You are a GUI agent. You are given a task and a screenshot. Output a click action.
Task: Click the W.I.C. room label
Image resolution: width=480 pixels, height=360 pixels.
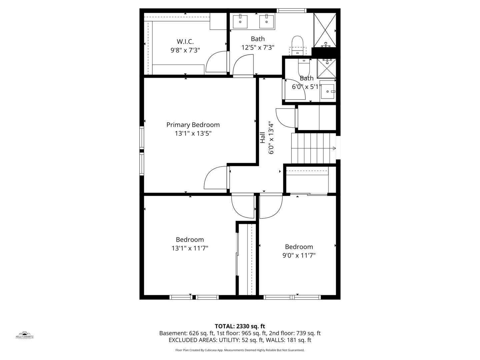tap(185, 42)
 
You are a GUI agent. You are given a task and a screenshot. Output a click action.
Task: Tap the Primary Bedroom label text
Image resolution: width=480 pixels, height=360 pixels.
tap(193, 125)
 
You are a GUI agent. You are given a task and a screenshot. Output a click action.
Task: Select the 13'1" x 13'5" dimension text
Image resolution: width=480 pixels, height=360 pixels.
tap(193, 133)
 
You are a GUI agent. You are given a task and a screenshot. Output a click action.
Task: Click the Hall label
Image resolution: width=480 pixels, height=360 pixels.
tap(263, 138)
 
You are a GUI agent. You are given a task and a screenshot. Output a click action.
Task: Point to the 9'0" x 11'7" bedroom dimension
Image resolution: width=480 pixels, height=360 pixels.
tap(299, 255)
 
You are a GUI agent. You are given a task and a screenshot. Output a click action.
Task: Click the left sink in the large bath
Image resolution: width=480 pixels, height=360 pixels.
tap(240, 22)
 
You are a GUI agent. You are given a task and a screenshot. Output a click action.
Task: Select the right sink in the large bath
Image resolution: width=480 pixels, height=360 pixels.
tap(267, 22)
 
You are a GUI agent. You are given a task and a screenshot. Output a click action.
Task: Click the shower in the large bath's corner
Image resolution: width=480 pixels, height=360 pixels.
tap(325, 30)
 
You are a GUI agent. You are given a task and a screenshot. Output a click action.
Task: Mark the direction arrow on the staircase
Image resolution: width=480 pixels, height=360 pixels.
tap(334, 148)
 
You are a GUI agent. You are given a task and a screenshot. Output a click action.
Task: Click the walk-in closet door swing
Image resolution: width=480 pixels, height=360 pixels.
tap(217, 62)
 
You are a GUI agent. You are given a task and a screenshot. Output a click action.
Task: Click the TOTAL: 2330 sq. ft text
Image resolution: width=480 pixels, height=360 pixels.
tap(240, 326)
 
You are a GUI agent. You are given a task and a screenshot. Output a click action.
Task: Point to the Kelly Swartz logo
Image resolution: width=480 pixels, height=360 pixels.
tap(25, 335)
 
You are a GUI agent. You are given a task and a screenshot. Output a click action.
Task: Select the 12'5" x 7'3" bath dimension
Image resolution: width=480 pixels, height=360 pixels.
tap(258, 48)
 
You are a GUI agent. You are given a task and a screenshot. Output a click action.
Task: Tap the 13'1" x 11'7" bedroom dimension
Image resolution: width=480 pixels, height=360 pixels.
tap(190, 248)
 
